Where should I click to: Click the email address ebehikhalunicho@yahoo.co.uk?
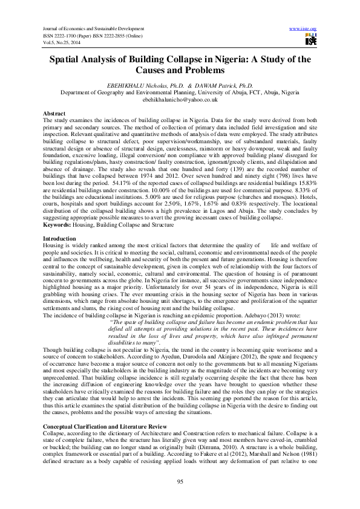pos(180,100)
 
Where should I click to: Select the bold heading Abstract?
pos(55,114)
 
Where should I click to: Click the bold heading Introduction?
pos(60,239)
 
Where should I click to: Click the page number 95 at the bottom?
pos(180,481)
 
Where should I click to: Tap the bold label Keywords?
pos(58,225)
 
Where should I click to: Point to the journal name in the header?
pos(93,28)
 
